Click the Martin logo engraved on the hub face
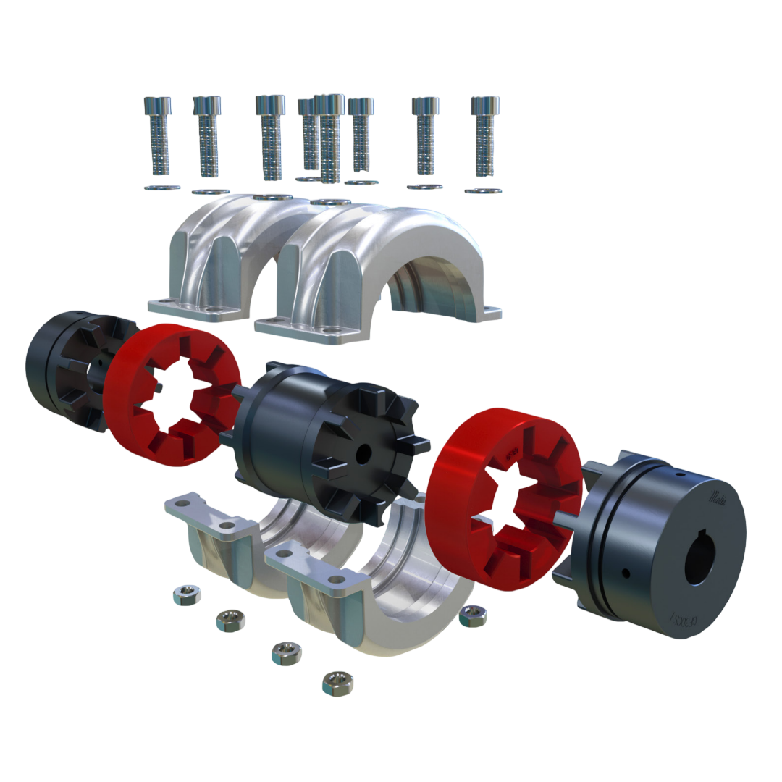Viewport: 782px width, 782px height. click(718, 497)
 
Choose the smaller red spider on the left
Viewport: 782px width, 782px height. click(172, 395)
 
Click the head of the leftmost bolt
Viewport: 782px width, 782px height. click(158, 106)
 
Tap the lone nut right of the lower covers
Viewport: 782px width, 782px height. click(473, 616)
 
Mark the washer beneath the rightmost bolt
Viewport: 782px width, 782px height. click(482, 191)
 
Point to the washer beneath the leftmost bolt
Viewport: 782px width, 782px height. click(162, 188)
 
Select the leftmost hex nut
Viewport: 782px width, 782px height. click(187, 596)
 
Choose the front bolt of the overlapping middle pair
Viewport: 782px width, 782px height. click(331, 138)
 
